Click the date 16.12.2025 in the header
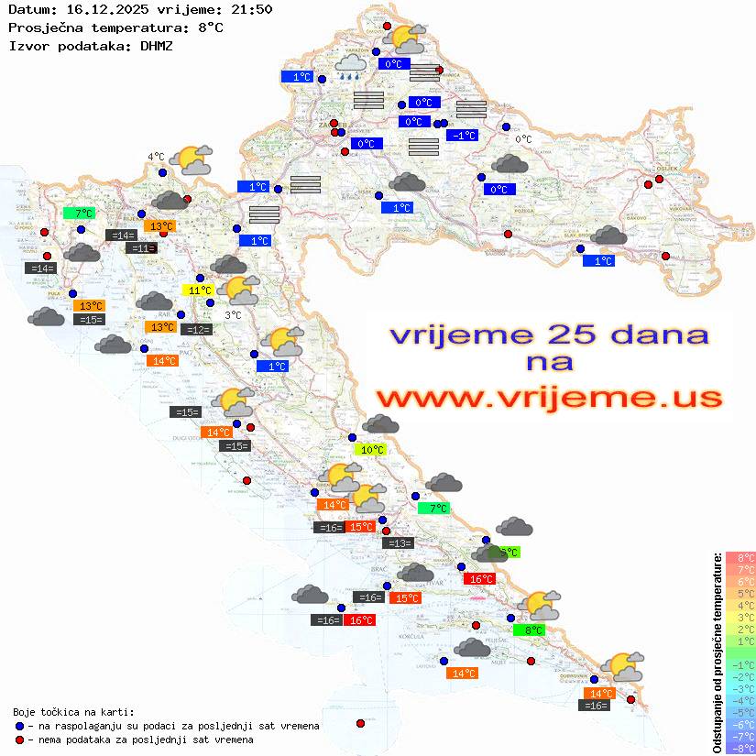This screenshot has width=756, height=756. (102, 10)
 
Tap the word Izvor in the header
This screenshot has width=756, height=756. (27, 45)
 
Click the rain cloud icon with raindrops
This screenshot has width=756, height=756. (350, 66)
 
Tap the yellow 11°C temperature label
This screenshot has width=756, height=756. (198, 290)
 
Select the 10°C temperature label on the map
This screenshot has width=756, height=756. (371, 450)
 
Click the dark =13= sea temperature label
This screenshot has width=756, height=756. (399, 543)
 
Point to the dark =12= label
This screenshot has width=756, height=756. (197, 330)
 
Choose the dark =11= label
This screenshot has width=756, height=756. (141, 248)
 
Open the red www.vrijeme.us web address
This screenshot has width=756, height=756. (549, 398)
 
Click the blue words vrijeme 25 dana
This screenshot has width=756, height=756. (549, 334)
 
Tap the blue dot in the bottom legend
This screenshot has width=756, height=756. (19, 726)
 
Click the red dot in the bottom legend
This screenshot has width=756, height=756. (19, 740)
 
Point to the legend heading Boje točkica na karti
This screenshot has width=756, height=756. (73, 712)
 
